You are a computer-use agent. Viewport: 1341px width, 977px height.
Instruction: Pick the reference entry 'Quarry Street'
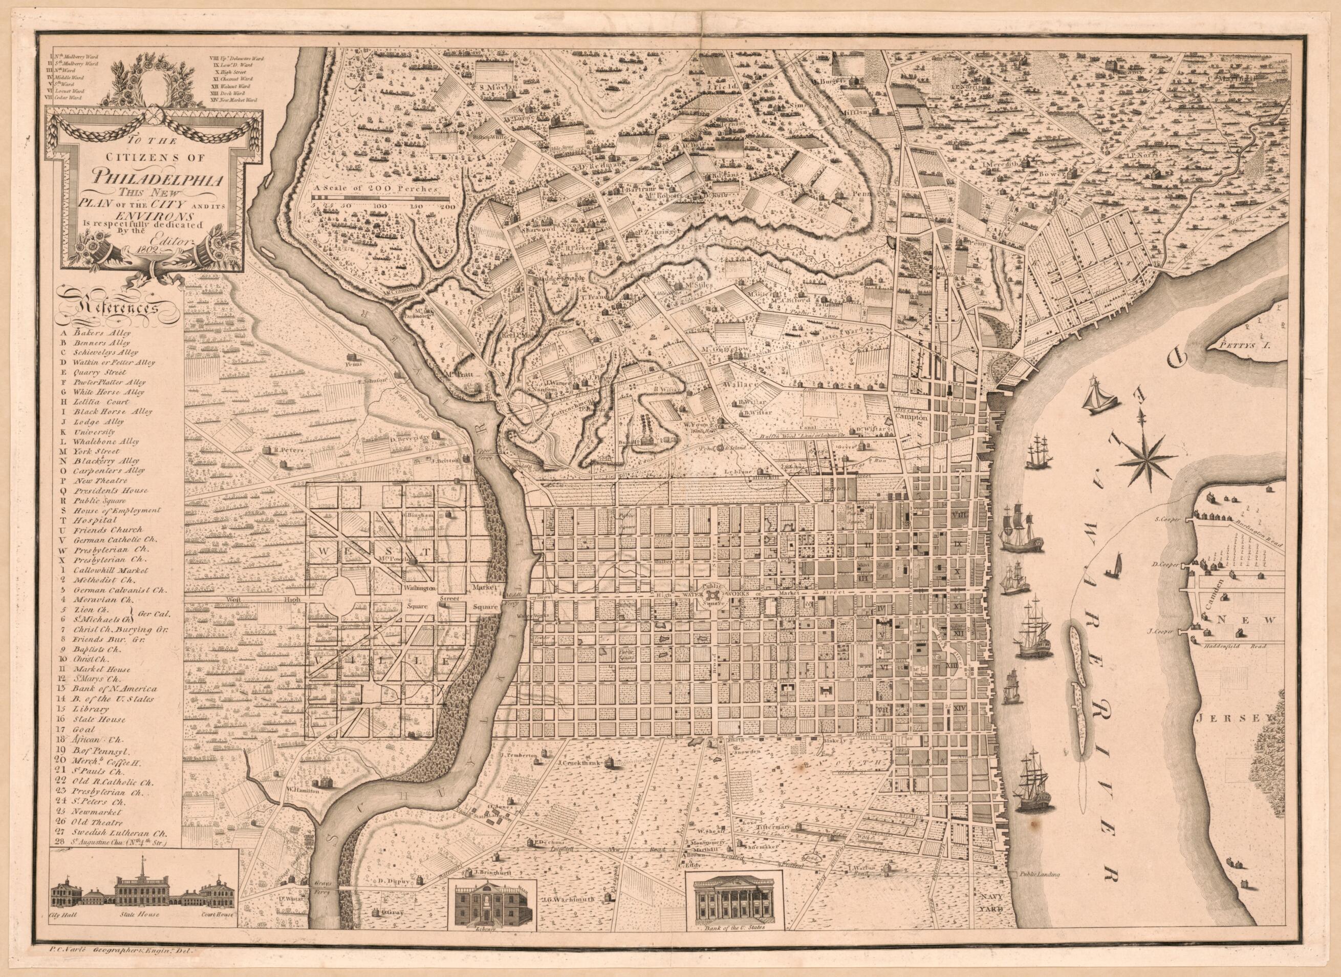point(100,373)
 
